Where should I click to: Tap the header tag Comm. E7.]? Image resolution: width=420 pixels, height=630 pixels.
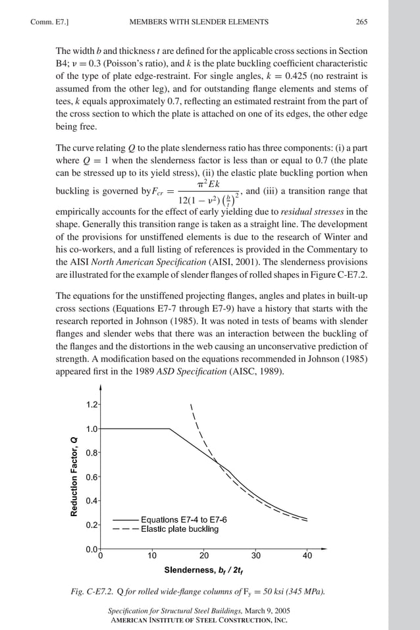(49, 22)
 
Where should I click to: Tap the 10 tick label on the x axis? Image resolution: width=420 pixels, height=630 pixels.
(152, 556)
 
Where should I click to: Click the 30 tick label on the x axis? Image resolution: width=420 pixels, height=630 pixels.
(256, 556)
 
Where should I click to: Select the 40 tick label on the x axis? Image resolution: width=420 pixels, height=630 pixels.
(307, 556)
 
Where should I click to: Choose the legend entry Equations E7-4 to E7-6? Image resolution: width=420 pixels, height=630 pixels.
(184, 519)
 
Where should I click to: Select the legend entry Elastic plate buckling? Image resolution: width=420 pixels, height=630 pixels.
(179, 529)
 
